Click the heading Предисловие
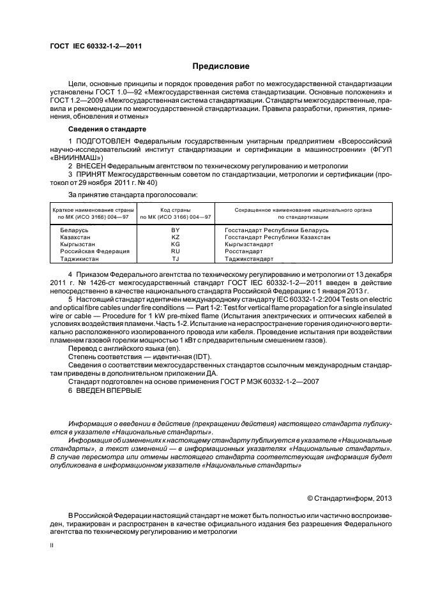point(221,66)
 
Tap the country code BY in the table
point(176,229)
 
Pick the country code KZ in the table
point(176,237)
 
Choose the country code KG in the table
point(176,244)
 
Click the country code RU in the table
point(176,251)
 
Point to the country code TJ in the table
point(176,259)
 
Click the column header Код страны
point(176,209)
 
